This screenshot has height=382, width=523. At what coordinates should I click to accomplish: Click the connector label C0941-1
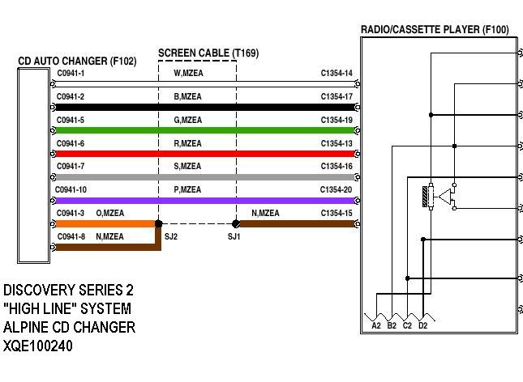(71, 74)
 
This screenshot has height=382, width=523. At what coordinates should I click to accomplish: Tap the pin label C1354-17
(337, 97)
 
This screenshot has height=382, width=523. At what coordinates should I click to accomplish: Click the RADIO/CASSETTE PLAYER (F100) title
(435, 30)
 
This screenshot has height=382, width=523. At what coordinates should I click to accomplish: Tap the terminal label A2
(376, 325)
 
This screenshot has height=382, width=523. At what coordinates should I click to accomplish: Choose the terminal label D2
(422, 325)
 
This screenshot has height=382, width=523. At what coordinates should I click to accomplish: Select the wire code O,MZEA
(109, 213)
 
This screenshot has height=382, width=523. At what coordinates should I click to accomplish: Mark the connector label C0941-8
(71, 236)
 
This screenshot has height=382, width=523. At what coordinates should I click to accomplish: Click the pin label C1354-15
(337, 213)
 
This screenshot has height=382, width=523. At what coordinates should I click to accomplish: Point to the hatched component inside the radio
(426, 197)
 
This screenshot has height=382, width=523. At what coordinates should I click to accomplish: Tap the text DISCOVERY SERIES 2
(69, 290)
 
